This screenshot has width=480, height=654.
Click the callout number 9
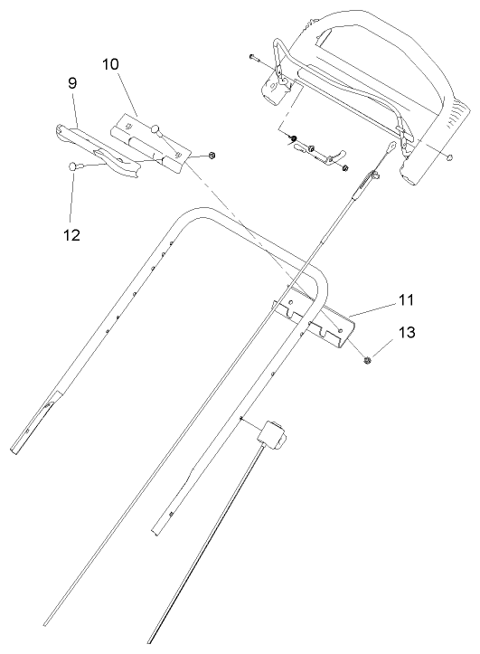click(x=72, y=82)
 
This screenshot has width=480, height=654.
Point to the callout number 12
click(x=72, y=234)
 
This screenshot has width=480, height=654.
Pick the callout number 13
click(x=407, y=332)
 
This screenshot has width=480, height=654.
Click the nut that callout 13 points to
click(x=369, y=360)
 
